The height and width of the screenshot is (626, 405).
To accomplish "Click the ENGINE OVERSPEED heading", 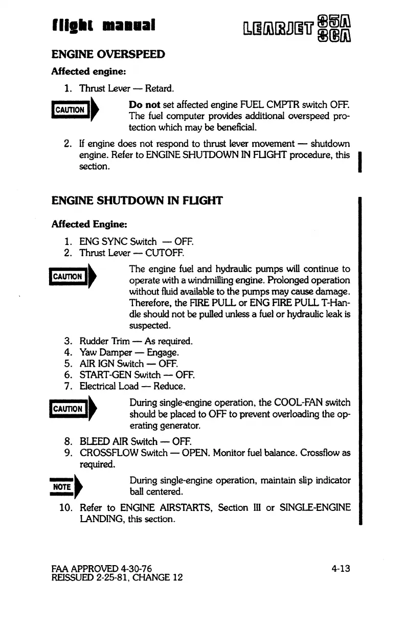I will [x=108, y=54].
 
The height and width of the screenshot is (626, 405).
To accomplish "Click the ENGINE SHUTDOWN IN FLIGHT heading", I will [x=137, y=201].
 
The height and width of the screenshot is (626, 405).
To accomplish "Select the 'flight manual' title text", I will [x=105, y=24].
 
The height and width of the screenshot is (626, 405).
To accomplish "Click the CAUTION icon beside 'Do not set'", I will [x=73, y=110].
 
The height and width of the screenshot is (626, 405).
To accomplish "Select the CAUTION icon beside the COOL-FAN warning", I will [x=73, y=409].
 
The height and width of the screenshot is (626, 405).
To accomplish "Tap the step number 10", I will [x=64, y=507].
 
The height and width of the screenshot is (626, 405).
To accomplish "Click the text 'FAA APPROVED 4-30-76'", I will [x=102, y=568].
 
